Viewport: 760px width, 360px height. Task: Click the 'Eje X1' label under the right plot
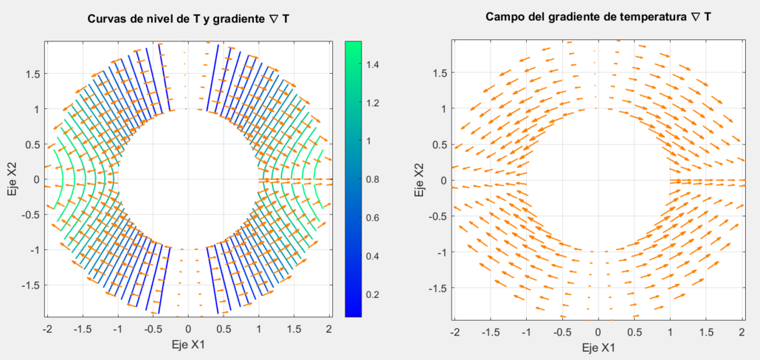598,347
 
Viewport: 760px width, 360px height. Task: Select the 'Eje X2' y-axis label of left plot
11,179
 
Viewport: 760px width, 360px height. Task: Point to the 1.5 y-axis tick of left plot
32,74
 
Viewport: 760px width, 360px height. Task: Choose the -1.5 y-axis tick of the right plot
437,288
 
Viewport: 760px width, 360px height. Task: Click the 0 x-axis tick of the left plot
188,329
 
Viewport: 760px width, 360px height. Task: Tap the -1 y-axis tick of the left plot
34,250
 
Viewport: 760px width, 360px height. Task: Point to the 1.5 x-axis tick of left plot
294,329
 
